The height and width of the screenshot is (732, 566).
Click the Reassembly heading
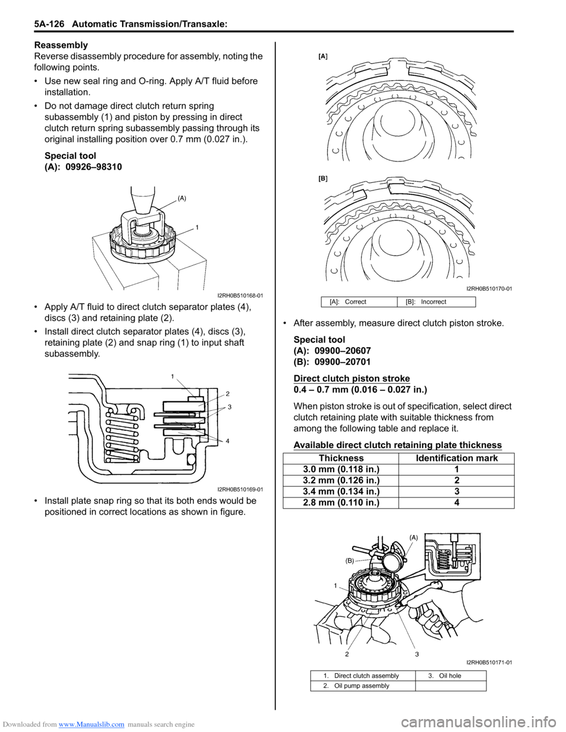(61, 45)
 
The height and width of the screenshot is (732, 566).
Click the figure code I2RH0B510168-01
(240, 295)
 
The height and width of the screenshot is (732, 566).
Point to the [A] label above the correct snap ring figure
(323, 57)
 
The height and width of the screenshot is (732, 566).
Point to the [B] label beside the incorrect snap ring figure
(323, 177)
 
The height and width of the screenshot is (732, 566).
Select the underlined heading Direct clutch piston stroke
(351, 378)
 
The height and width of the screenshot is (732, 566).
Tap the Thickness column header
(341, 458)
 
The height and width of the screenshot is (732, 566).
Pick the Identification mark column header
(456, 458)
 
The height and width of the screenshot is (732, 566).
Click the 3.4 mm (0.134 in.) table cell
(341, 492)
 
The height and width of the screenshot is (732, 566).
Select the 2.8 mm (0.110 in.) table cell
(341, 503)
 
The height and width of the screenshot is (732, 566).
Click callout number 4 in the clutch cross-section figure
(227, 441)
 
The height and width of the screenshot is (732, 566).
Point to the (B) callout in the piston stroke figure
(350, 561)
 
